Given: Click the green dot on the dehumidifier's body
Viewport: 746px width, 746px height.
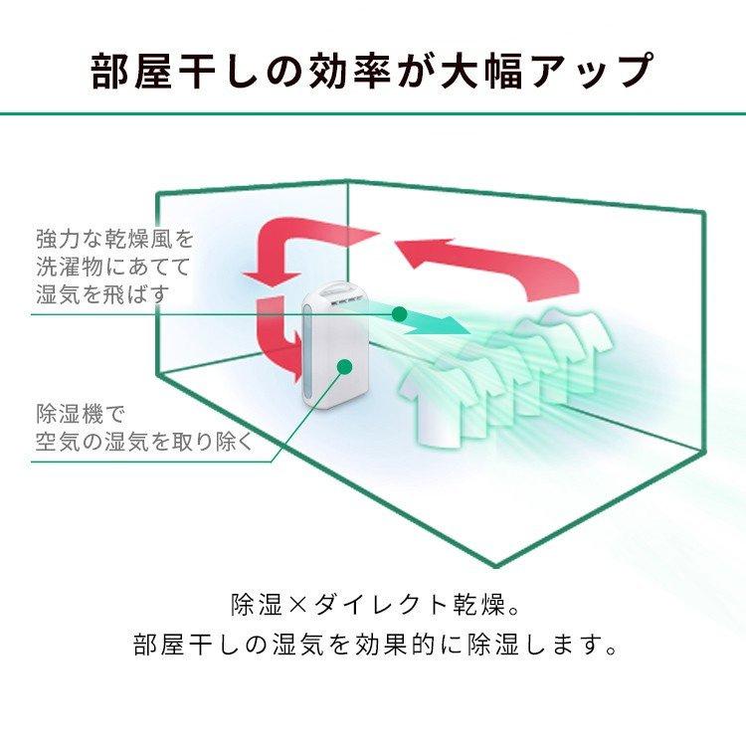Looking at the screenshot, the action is [x=344, y=365].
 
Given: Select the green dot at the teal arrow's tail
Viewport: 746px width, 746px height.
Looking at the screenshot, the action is [x=399, y=314].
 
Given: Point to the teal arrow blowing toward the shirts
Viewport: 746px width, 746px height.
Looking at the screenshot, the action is [x=438, y=322].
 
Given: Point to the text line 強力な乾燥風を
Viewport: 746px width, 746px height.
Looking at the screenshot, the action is [x=114, y=240].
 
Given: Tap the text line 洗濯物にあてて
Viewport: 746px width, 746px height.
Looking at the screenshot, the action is [x=114, y=267].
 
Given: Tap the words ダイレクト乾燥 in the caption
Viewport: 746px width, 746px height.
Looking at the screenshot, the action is [x=418, y=604].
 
